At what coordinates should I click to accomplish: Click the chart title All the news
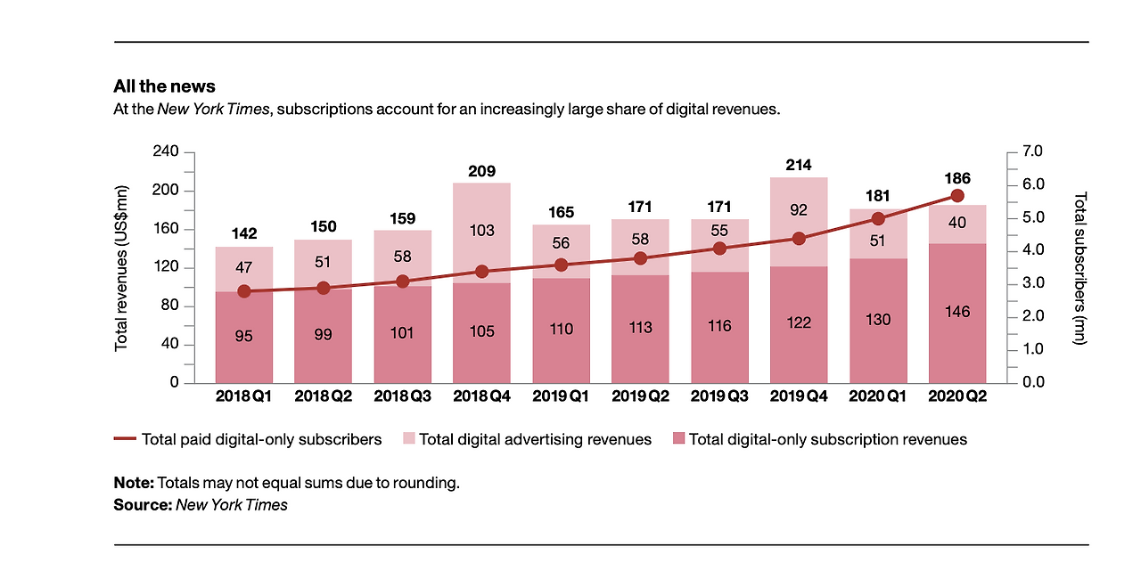[x=164, y=86]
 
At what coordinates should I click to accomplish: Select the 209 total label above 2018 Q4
[x=481, y=171]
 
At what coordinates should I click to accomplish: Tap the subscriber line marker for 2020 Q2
[x=957, y=195]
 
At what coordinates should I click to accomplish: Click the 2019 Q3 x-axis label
[x=719, y=396]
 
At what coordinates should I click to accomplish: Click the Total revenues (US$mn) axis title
[x=122, y=267]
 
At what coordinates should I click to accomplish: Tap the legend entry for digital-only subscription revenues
[x=827, y=439]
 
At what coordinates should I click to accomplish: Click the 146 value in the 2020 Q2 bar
[x=957, y=312]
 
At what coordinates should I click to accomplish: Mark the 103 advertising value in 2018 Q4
[x=481, y=230]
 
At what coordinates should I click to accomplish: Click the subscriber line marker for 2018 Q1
[x=244, y=291]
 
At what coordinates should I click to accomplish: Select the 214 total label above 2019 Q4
[x=799, y=165]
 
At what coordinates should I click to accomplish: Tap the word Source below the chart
[x=142, y=505]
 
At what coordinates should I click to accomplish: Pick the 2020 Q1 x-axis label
[x=878, y=396]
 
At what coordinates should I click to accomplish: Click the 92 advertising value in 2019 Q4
[x=799, y=211]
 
